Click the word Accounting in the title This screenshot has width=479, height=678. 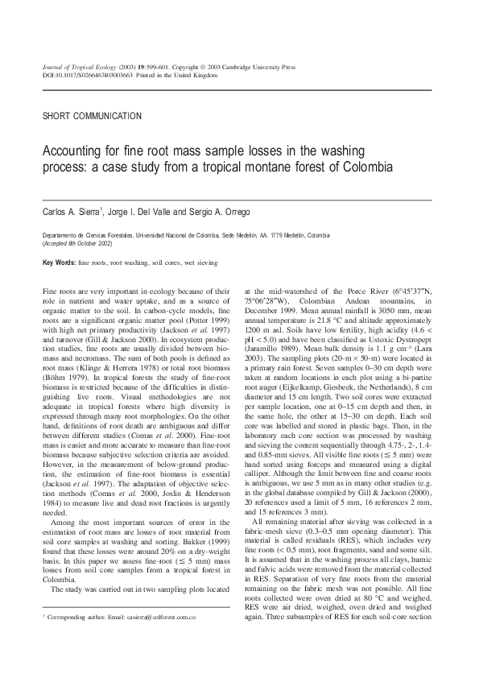(x=74, y=151)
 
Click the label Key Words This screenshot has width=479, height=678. (x=59, y=263)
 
